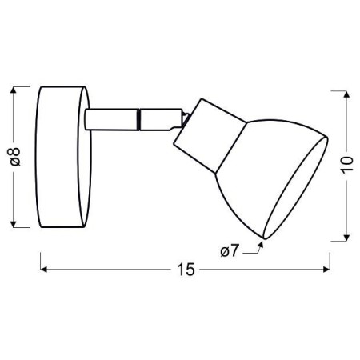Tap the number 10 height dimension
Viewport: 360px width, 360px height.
click(x=346, y=166)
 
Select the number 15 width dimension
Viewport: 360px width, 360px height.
click(x=185, y=270)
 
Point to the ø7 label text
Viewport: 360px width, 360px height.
click(x=230, y=253)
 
